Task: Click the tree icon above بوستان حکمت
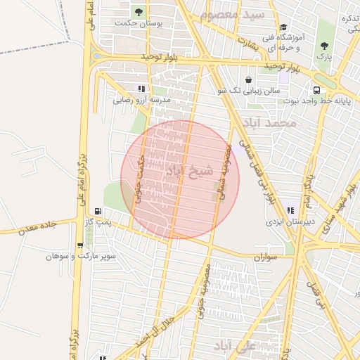[x=139, y=12]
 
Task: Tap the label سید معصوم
[x=233, y=14]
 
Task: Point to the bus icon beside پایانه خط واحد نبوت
[x=318, y=90]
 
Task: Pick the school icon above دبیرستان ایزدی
[x=290, y=210]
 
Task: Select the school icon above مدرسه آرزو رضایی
[x=141, y=89]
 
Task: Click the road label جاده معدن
[x=37, y=228]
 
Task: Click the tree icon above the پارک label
[x=324, y=46]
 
